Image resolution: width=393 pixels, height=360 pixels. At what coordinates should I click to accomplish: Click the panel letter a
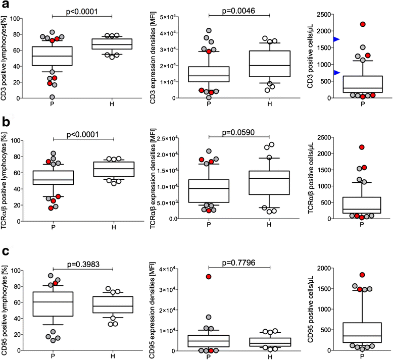tap(5, 5)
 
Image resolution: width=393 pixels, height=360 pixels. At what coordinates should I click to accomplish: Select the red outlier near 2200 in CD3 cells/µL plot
tap(363, 24)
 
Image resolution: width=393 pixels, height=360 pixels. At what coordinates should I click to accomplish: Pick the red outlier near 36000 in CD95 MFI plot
tap(208, 277)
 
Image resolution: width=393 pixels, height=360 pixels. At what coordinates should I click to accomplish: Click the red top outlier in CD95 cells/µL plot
tap(363, 275)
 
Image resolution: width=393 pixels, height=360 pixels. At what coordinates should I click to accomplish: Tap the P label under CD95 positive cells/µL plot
tap(363, 356)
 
